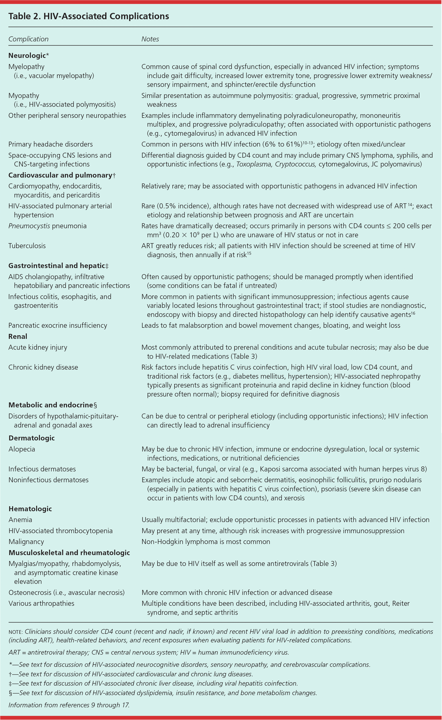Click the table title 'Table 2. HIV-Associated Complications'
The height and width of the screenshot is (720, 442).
(x=88, y=16)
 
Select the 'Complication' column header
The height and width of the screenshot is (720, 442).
(x=28, y=39)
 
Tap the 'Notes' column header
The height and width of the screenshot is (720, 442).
(x=150, y=39)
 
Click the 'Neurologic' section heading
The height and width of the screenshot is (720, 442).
(x=27, y=55)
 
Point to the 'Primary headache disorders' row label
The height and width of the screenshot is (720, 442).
(x=50, y=144)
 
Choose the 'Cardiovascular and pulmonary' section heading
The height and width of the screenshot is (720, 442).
(x=60, y=175)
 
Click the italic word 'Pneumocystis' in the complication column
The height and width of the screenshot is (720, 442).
(x=29, y=226)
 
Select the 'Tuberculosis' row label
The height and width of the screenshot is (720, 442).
(x=27, y=246)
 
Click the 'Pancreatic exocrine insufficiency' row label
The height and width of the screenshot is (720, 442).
(x=57, y=325)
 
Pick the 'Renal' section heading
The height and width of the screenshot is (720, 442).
(x=18, y=336)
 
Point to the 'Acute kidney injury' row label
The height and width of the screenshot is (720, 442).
(x=38, y=347)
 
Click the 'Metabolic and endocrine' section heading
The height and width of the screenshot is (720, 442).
(x=50, y=405)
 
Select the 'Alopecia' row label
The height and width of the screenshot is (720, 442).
(x=22, y=449)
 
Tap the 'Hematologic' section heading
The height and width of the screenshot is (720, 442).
(x=30, y=509)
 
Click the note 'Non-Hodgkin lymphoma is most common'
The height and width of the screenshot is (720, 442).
(x=206, y=542)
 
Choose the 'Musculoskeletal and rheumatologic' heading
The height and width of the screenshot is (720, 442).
(x=69, y=553)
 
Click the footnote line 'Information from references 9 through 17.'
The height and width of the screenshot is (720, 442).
(x=69, y=705)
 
